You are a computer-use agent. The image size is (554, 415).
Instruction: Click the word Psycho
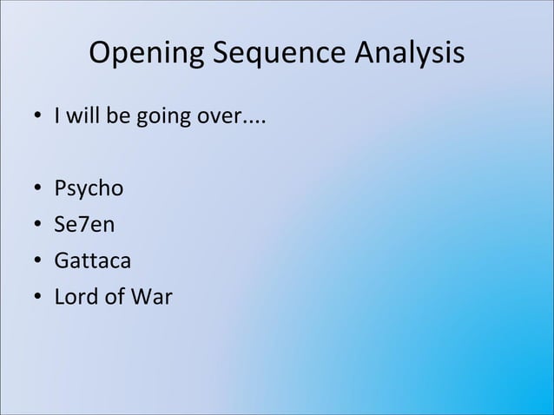point(89,188)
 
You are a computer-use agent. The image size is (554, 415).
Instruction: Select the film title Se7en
point(83,225)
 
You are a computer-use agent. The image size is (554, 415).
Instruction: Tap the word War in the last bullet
point(153,297)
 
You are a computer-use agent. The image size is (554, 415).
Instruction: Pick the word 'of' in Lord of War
point(115,297)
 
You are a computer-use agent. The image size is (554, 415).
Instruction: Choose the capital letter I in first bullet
point(57,116)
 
